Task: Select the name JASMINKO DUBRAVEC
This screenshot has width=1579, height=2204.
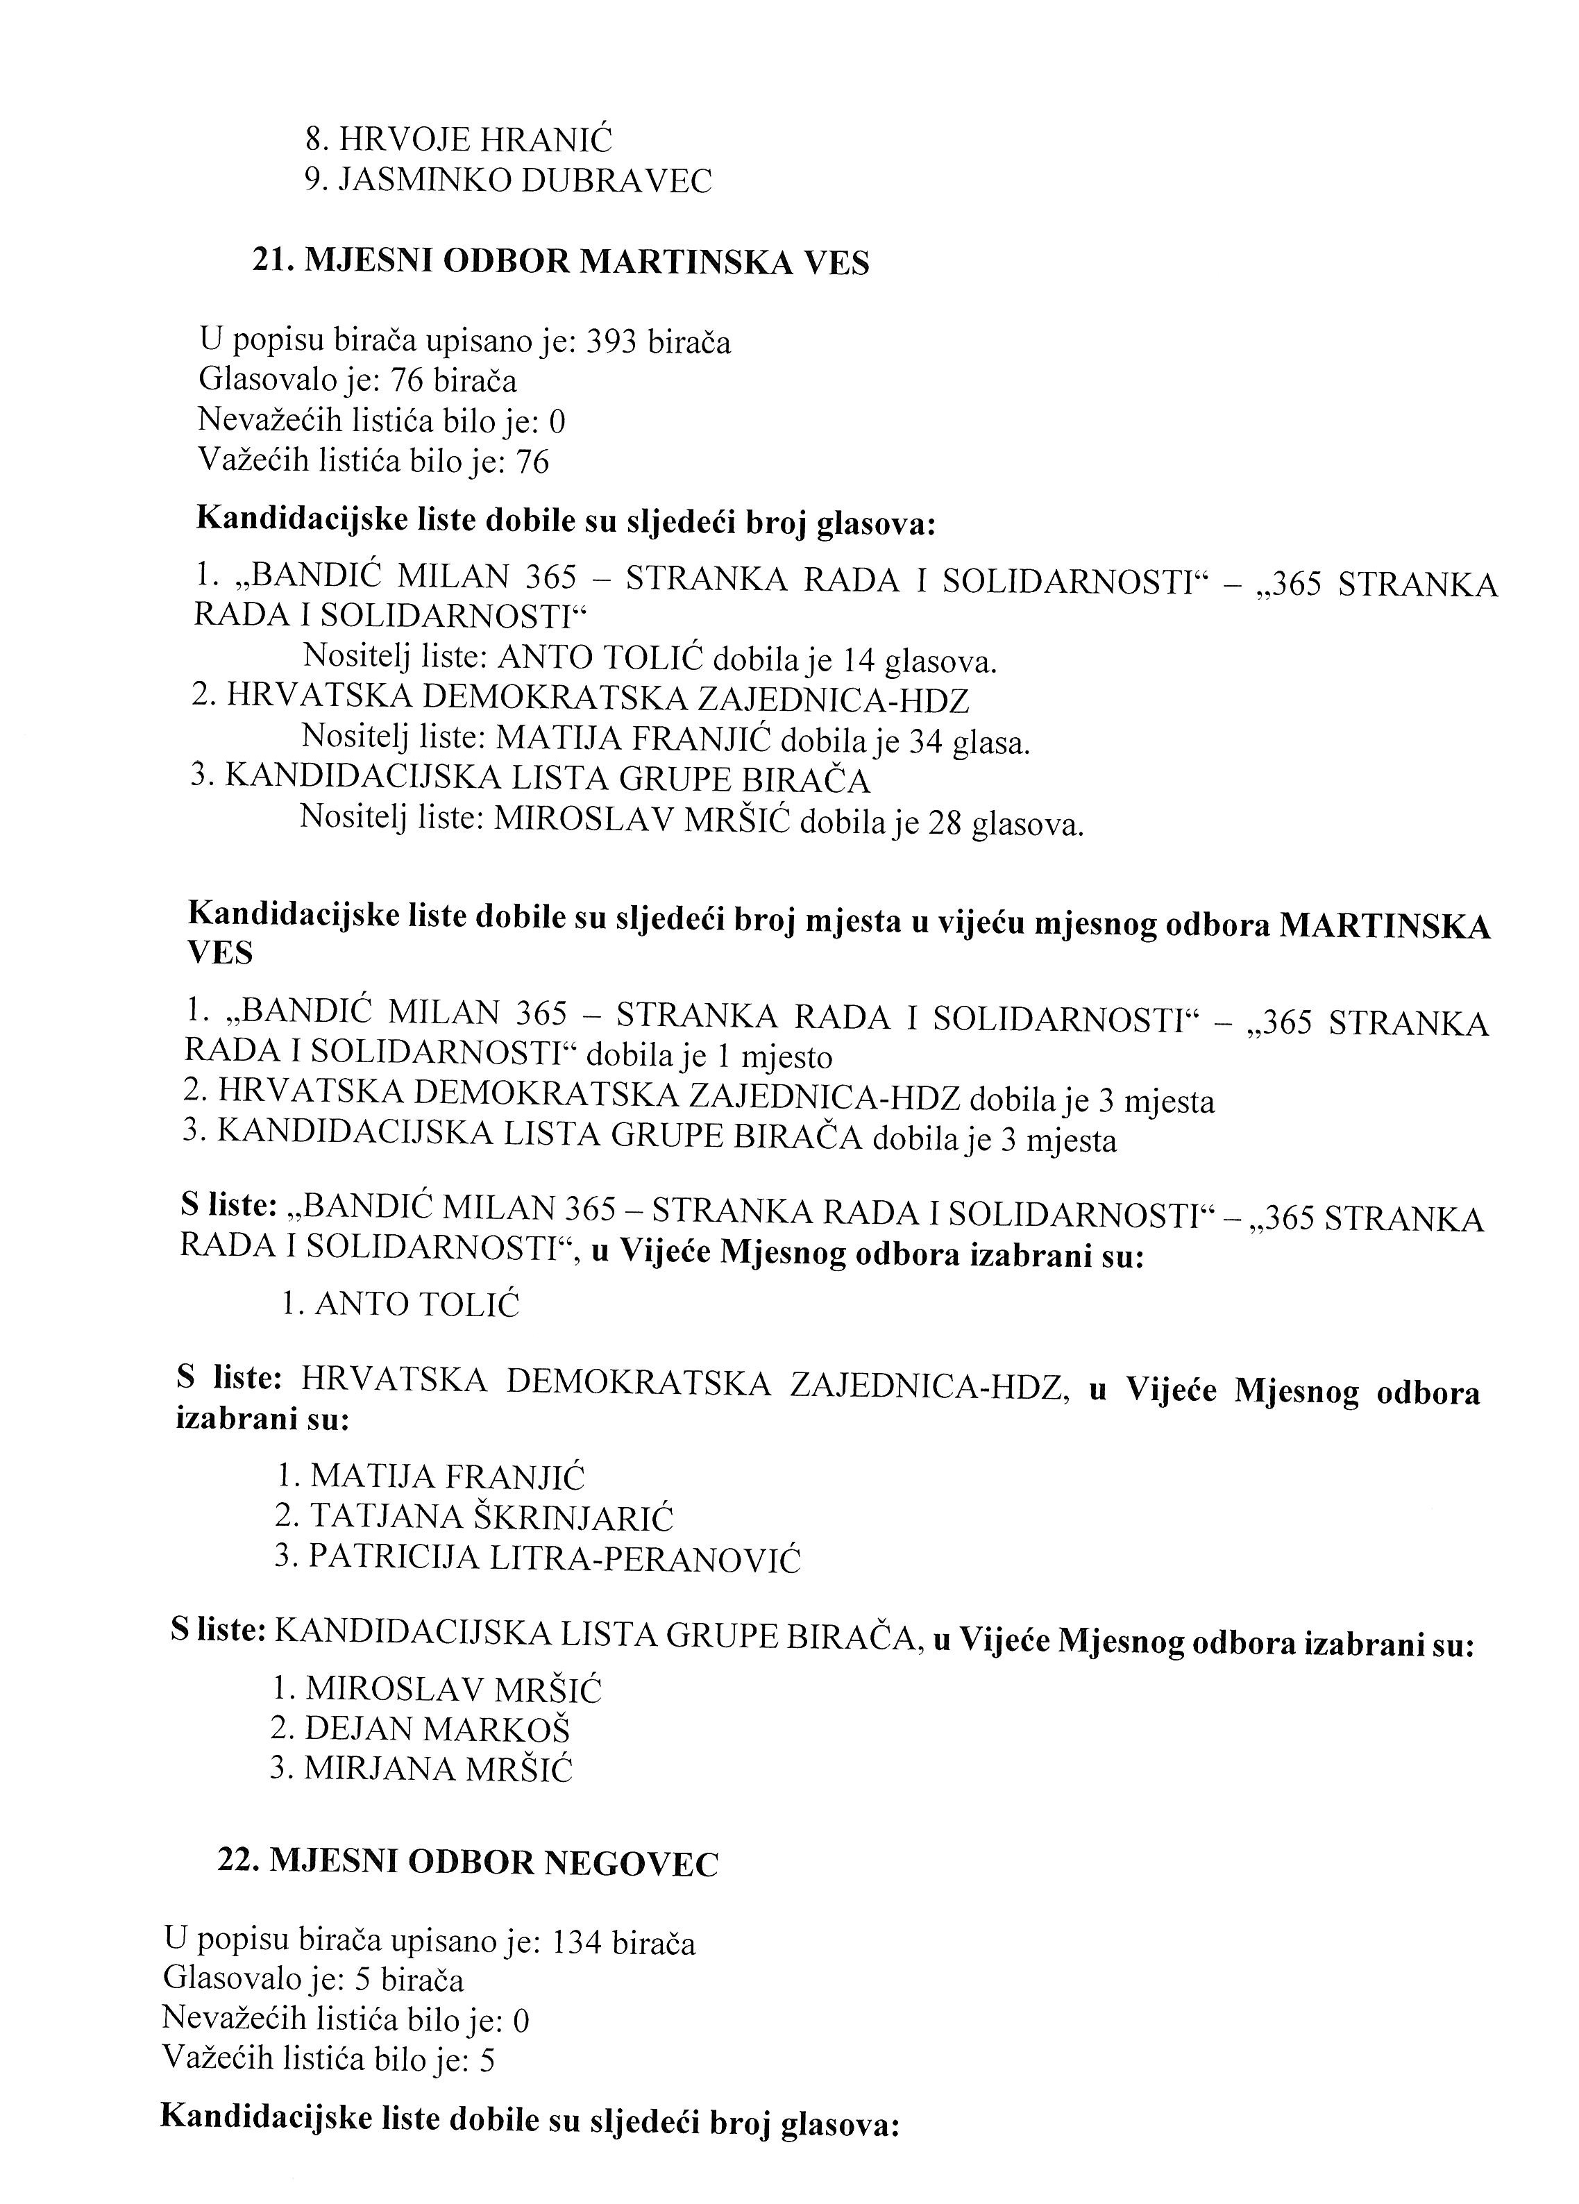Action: coord(524,180)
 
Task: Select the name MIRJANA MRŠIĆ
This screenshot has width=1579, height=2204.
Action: coord(438,1769)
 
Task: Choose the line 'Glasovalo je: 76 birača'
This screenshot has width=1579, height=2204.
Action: coord(357,381)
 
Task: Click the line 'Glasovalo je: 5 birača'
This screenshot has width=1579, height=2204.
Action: coord(313,1980)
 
